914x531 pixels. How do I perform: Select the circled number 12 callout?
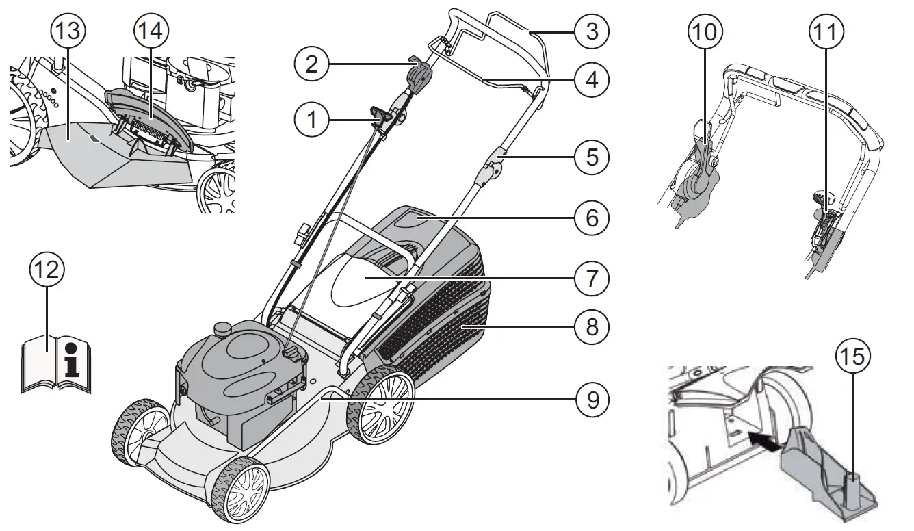click(47, 270)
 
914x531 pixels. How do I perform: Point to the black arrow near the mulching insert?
click(764, 440)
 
